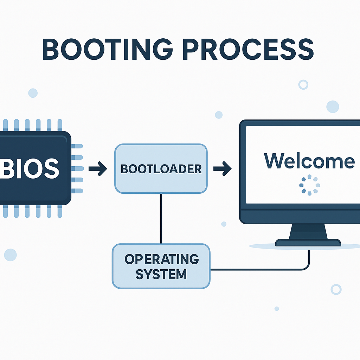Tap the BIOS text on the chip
[x=30, y=168]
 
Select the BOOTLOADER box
[x=161, y=169]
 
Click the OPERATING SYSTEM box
[x=161, y=266]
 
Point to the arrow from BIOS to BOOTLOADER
[x=98, y=169]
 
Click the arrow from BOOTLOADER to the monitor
[x=222, y=169]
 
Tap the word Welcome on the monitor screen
[x=309, y=161]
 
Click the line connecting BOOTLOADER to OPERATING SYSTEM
[x=161, y=218]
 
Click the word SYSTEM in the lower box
[x=161, y=274]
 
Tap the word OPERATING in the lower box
[x=161, y=259]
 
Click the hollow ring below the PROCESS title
[x=303, y=84]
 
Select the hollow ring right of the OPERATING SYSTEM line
[x=336, y=289]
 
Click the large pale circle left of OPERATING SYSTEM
[x=10, y=255]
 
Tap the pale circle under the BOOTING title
[x=33, y=93]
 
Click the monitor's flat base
[x=308, y=243]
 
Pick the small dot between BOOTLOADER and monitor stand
[x=224, y=224]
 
